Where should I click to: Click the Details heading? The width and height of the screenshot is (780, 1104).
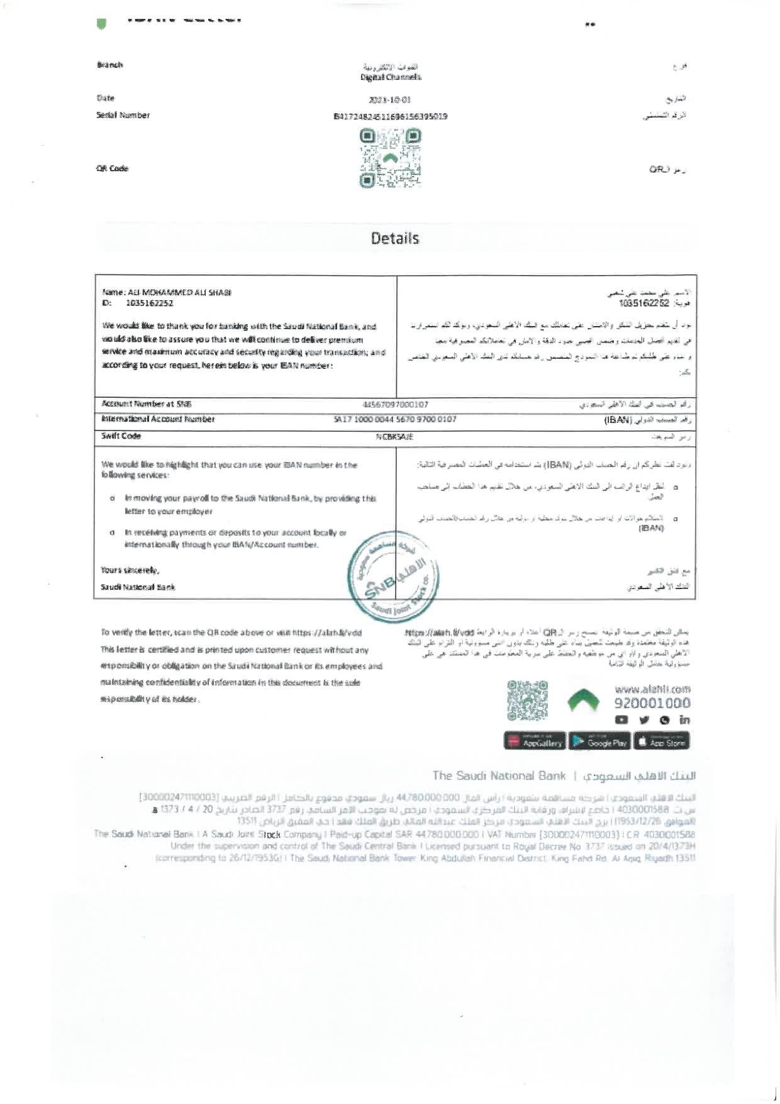coord(394,239)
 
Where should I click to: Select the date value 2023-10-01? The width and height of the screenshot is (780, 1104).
coord(390,99)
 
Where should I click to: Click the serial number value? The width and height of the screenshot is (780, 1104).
coord(390,116)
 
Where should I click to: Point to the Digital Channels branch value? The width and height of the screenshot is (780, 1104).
coord(391,77)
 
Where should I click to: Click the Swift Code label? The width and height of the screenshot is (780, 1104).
coord(121,436)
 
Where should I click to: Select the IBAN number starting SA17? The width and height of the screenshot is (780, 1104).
coord(394,419)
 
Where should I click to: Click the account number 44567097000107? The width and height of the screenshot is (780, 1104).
coord(396,404)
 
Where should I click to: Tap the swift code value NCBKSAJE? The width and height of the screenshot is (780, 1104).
coord(394,436)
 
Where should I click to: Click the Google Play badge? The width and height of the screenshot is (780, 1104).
coord(599,742)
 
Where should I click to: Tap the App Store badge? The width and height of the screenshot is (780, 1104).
coord(662,742)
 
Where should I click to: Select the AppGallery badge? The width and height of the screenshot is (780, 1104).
coord(535,742)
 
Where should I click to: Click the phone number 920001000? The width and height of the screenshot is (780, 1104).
coord(652,703)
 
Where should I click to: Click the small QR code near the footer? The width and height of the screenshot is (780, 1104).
coord(527,700)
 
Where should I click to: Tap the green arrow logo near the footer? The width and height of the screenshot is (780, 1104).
coord(582,700)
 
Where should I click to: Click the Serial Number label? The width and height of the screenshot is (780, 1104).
coord(123,115)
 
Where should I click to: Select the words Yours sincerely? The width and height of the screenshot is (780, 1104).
coord(130,570)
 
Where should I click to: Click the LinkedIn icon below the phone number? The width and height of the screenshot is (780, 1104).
coord(684,720)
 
